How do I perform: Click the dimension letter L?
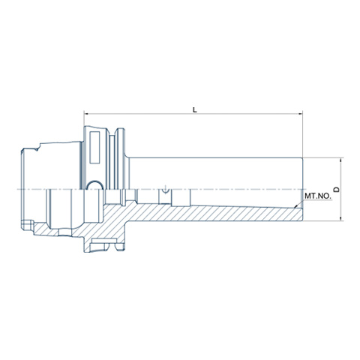pos(195,109)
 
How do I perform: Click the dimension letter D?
pos(337,190)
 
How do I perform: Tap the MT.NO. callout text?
pos(318,196)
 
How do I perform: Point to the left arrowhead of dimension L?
pos(86,114)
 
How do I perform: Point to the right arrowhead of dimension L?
pos(300,114)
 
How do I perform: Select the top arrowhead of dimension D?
pos(341,160)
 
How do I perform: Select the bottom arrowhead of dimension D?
pos(341,218)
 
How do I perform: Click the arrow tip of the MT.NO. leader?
pos(295,207)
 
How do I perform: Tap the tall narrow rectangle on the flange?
pos(94,148)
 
